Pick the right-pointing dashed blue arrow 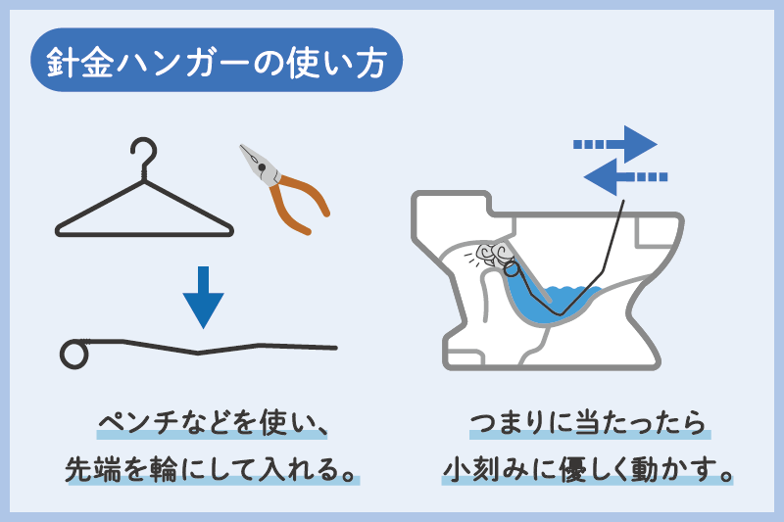pos(617,144)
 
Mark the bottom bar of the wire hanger pos(146,233)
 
